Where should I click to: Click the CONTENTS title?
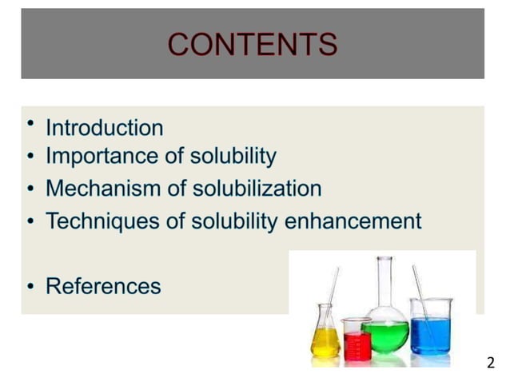click(253, 44)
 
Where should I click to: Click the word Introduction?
click(104, 128)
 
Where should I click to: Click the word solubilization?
click(257, 189)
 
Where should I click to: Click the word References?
click(103, 285)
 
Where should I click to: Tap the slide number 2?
click(490, 363)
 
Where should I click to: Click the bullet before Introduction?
click(30, 122)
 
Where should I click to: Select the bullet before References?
click(30, 286)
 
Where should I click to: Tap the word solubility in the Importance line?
click(234, 156)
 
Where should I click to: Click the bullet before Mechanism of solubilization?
click(30, 189)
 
